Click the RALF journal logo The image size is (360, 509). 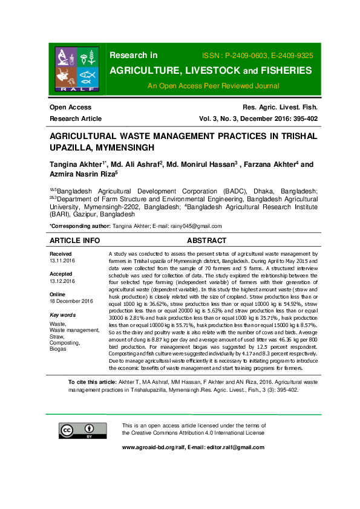tap(76, 68)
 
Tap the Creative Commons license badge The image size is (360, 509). tap(74, 430)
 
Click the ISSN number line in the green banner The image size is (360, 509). tap(261, 56)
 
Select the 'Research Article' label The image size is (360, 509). tap(76, 118)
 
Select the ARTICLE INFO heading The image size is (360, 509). tap(74, 240)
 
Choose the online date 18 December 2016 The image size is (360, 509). tap(71, 301)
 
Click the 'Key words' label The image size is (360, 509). tap(62, 315)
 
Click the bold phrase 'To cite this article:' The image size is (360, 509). tap(94, 383)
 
